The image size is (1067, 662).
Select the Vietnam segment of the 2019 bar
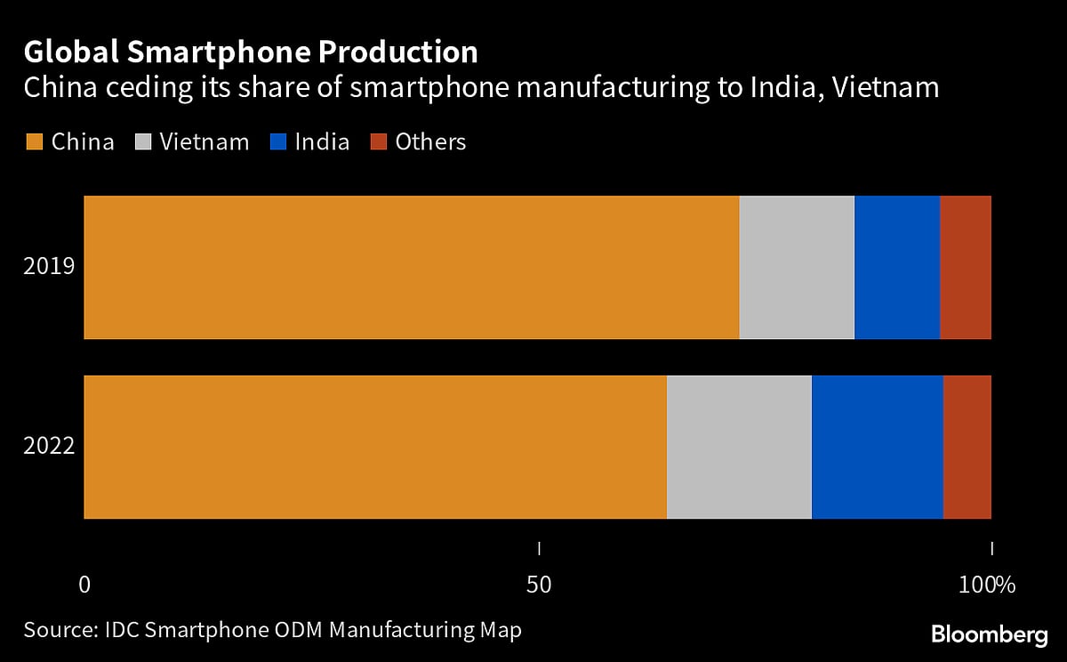(797, 267)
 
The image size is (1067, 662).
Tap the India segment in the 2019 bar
(897, 267)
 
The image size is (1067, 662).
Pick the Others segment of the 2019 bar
(966, 267)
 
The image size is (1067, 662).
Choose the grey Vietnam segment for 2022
(739, 447)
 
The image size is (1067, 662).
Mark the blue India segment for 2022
(878, 447)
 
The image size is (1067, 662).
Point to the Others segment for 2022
(967, 447)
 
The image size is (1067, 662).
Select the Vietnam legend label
(205, 142)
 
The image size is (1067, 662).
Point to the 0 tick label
(84, 585)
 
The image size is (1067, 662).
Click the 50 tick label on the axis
(539, 585)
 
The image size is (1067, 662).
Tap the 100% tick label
(987, 585)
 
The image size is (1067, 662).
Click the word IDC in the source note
(122, 630)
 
